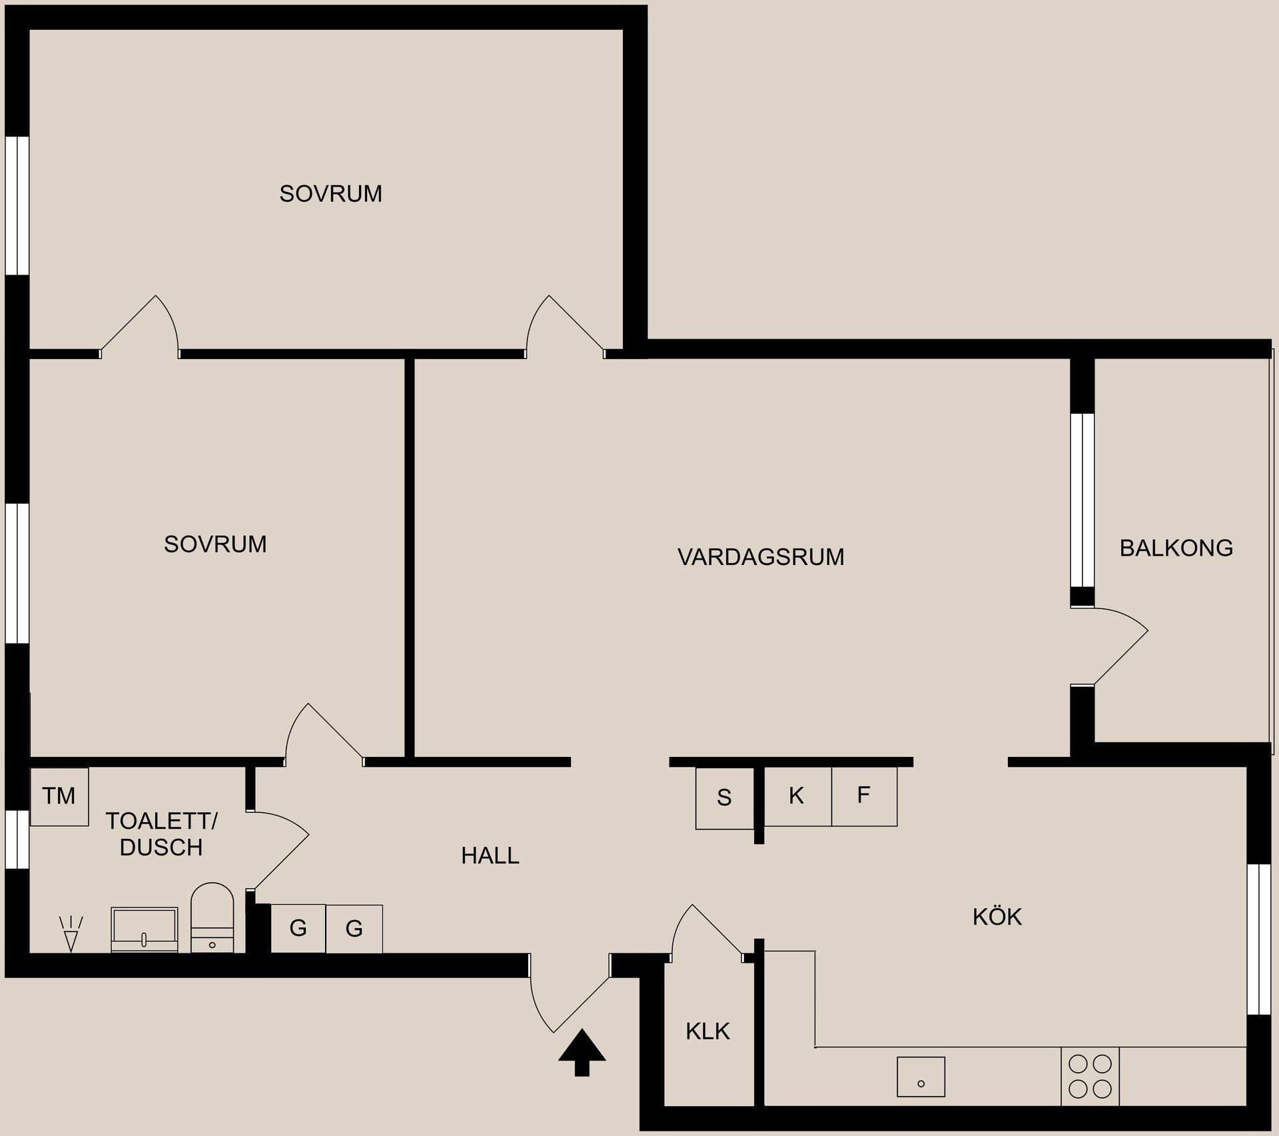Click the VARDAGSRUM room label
[x=761, y=557]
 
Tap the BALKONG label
[x=1176, y=548]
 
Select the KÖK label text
[x=997, y=917]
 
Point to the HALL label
[x=490, y=856]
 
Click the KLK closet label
[x=707, y=1031]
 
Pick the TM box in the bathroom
[x=59, y=796]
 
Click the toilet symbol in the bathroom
[x=213, y=917]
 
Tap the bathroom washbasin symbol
[x=144, y=929]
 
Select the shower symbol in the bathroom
[x=71, y=933]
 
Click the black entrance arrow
[x=582, y=1053]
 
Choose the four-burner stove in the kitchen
[x=1090, y=1076]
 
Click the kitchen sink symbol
[x=921, y=1077]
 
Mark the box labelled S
[x=725, y=798]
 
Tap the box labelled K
[x=797, y=796]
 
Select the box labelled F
[x=864, y=796]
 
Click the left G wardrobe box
[x=298, y=928]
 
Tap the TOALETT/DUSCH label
[x=161, y=834]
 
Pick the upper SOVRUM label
[x=330, y=194]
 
